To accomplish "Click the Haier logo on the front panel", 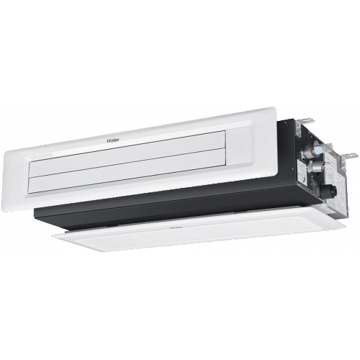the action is point(112,140).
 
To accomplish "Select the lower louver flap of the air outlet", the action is point(128,172).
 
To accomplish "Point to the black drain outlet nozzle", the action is point(333,190).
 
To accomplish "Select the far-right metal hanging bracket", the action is point(347,156).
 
